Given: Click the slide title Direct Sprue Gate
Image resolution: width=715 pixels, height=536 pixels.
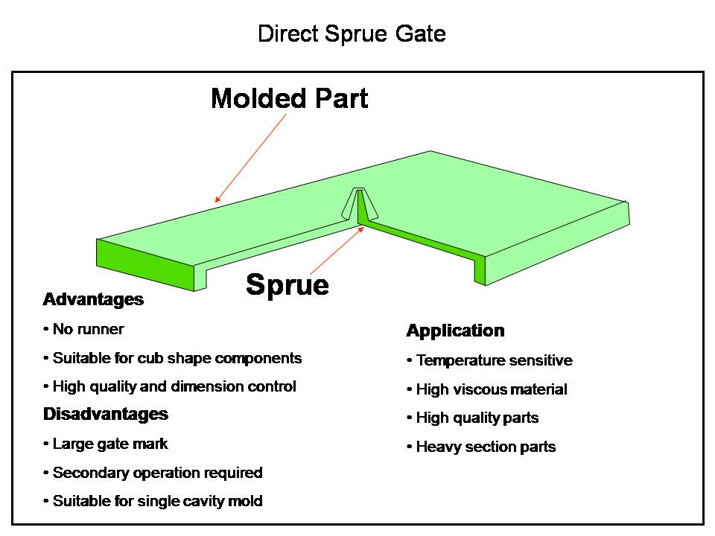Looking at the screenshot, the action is coord(352,34).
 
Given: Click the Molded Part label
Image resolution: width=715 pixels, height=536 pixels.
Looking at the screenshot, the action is coord(290,98).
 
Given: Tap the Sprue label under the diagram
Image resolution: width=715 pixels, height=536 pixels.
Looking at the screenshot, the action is coord(287,285).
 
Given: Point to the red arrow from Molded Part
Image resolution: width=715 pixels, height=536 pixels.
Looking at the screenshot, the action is coord(251,158).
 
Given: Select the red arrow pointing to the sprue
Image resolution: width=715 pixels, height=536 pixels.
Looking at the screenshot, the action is coord(337,250).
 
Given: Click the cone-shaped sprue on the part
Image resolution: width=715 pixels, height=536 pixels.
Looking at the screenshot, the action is coord(359,205).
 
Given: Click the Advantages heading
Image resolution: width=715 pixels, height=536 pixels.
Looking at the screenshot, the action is coord(94,299).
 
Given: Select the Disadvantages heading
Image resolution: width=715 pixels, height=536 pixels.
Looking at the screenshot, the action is coord(106,414).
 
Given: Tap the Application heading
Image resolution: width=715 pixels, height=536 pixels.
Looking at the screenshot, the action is coord(456,331).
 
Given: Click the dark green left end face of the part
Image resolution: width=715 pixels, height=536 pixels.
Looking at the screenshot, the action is coord(145,264).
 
